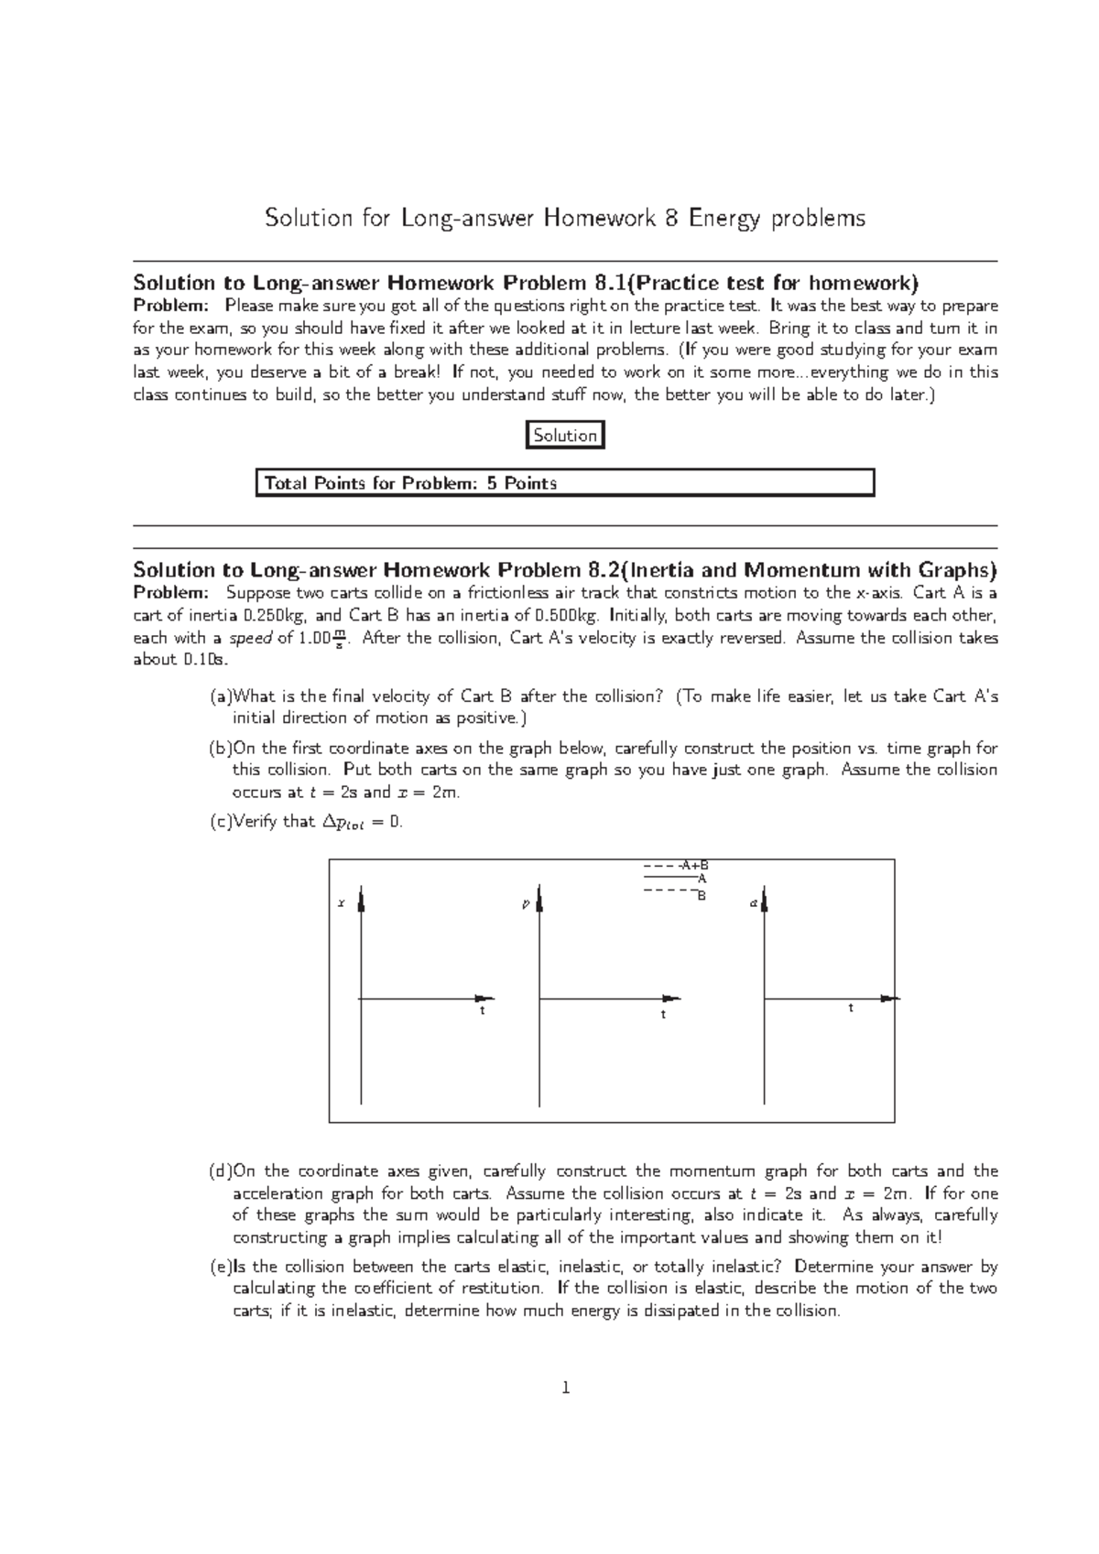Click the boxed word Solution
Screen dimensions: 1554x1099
565,436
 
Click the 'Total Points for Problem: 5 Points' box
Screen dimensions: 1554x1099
564,482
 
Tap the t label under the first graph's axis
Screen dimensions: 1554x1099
482,1011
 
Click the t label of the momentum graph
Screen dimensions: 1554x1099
663,1015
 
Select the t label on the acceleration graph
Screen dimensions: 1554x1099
851,1008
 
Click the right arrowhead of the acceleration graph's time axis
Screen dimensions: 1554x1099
890,998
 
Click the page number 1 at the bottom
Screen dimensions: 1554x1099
565,1388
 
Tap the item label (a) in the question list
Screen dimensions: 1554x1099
221,696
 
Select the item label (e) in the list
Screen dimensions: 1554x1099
221,1268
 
